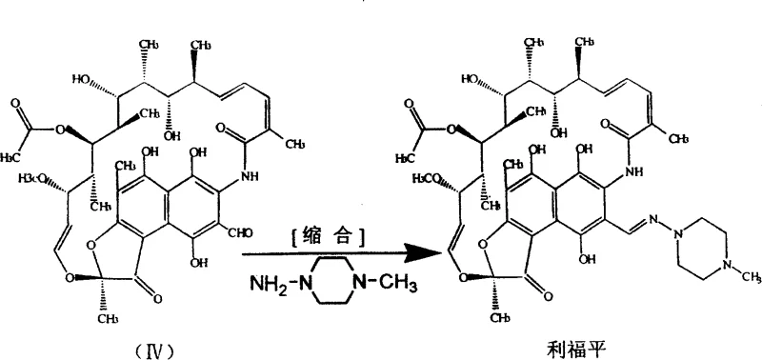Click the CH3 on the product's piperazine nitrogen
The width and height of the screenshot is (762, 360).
tap(748, 277)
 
